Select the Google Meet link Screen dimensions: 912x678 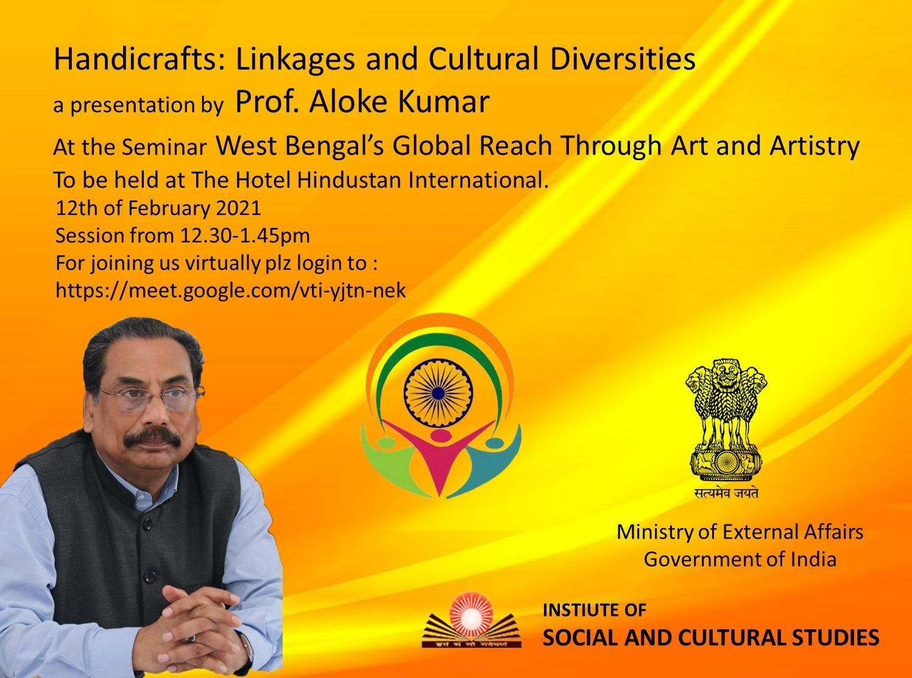[231, 291]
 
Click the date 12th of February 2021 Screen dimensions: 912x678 [158, 208]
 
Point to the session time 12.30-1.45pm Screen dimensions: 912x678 [245, 236]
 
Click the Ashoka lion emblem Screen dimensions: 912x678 [726, 421]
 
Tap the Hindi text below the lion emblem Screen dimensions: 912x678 [726, 493]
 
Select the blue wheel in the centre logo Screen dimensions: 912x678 [438, 393]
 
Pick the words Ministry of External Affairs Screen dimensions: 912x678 [740, 532]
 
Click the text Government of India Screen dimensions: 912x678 [740, 560]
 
